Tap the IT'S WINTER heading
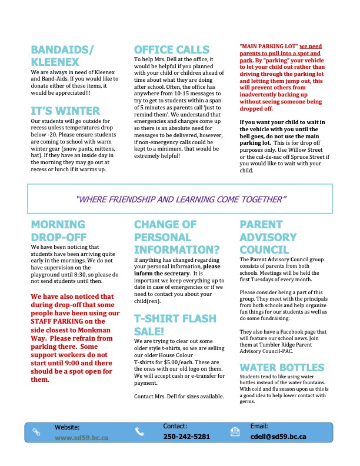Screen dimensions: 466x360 tap(65, 110)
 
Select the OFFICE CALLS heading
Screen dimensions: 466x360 tap(171, 49)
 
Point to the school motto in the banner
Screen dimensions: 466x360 tap(181, 199)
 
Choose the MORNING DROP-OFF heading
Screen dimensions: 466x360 tap(58, 231)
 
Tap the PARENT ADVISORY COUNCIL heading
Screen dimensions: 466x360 tap(268, 237)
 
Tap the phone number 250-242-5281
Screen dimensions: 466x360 tap(186, 437)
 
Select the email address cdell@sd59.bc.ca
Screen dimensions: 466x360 tap(278, 437)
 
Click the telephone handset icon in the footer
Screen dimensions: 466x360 tap(139, 431)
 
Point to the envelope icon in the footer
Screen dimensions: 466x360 tap(234, 431)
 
